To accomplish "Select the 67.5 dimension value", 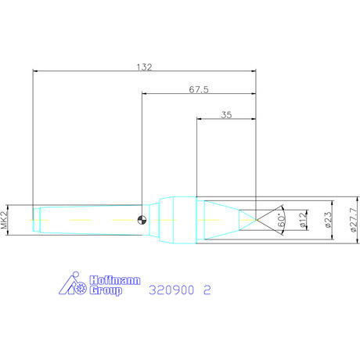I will (199, 89).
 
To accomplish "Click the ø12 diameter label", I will (305, 219).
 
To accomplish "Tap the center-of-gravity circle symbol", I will (142, 219).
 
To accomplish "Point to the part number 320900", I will (170, 289).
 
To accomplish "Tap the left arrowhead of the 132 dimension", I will (35, 70).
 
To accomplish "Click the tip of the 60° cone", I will (257, 219).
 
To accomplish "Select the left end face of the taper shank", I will (33, 219).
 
